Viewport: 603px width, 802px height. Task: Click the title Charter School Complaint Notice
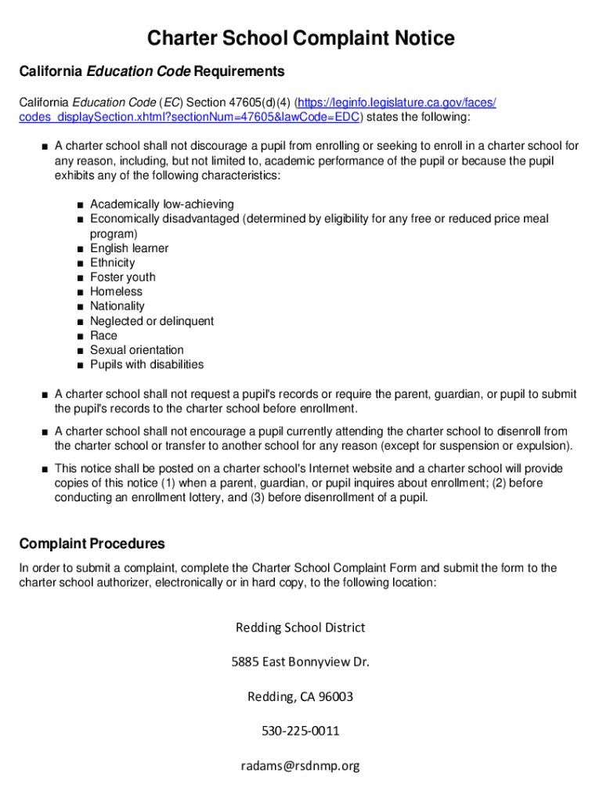click(x=301, y=38)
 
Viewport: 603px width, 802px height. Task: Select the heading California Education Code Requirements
click(x=152, y=72)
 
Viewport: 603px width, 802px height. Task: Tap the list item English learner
click(x=129, y=248)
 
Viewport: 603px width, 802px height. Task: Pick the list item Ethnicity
click(x=112, y=263)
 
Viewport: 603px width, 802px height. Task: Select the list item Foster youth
click(x=123, y=277)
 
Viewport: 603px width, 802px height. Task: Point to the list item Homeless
click(x=117, y=291)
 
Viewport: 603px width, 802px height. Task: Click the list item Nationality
click(x=117, y=306)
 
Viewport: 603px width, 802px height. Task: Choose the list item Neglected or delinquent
click(x=152, y=321)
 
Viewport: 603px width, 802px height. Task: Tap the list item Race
click(x=103, y=335)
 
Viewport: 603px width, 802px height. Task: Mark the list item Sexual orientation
click(x=137, y=350)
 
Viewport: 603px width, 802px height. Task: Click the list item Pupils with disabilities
click(x=146, y=364)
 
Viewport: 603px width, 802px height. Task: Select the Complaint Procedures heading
click(x=92, y=544)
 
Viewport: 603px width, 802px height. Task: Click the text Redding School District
click(x=301, y=627)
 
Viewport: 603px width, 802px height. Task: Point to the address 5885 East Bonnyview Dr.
click(x=301, y=662)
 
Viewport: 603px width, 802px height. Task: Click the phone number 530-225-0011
click(x=301, y=731)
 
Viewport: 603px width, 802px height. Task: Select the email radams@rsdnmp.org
click(x=301, y=765)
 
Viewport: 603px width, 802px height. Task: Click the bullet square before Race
click(x=81, y=336)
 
